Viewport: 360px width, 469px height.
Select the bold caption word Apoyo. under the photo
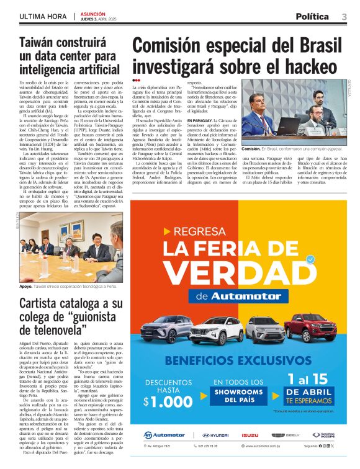pos(26,287)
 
